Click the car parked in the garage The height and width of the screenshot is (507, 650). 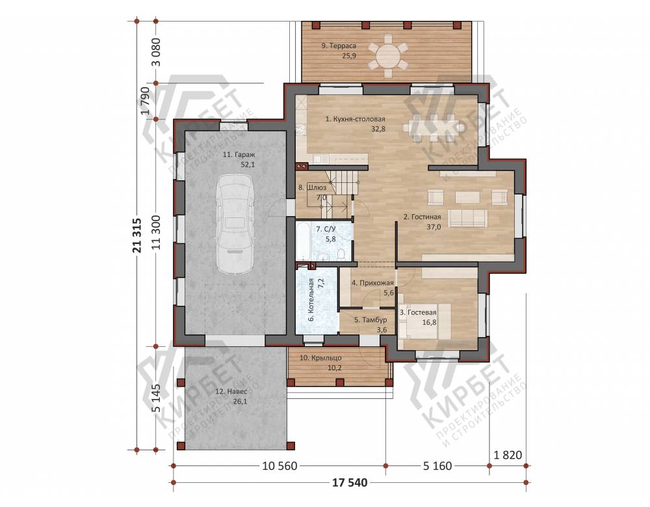[235, 225]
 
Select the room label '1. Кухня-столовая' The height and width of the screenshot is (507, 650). [356, 119]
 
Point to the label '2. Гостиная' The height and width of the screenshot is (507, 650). [422, 217]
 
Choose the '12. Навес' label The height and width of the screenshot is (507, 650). [231, 392]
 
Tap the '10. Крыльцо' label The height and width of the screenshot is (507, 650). [320, 357]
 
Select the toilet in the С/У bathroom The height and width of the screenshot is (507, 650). [341, 254]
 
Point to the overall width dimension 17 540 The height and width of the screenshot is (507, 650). [350, 482]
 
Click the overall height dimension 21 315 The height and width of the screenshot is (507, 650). [137, 236]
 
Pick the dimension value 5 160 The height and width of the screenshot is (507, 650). [437, 466]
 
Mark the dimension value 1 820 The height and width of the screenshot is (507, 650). [508, 455]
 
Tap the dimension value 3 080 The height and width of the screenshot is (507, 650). [156, 52]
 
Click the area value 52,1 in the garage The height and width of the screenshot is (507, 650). [248, 165]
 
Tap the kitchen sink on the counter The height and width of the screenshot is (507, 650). [320, 159]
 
